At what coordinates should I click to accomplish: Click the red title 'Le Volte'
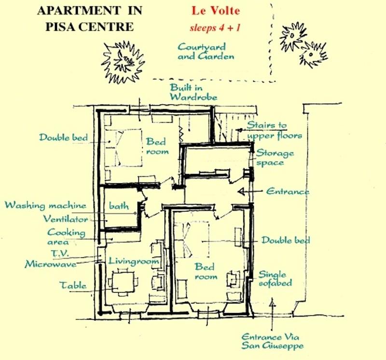(x=216, y=11)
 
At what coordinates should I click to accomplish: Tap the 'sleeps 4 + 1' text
(x=215, y=28)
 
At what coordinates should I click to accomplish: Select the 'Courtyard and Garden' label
(x=206, y=52)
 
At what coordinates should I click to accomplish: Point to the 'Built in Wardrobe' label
(x=193, y=92)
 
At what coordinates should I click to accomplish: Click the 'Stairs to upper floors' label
(x=274, y=130)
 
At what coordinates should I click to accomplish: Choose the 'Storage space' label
(x=275, y=158)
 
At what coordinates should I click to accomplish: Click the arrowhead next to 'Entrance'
(x=242, y=191)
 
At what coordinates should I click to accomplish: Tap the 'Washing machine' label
(x=46, y=205)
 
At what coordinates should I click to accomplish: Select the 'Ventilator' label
(x=66, y=219)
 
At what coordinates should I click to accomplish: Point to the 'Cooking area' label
(x=66, y=237)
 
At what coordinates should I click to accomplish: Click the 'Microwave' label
(x=51, y=264)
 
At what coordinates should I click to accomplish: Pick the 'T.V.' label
(x=59, y=253)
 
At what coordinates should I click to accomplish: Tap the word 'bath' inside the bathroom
(x=119, y=206)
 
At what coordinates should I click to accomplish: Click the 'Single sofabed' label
(x=275, y=279)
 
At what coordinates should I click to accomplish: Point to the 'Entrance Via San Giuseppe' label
(x=272, y=342)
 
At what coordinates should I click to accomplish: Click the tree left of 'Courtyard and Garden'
(x=123, y=62)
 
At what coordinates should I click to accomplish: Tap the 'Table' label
(x=73, y=285)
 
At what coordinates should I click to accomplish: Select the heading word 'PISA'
(x=61, y=27)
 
